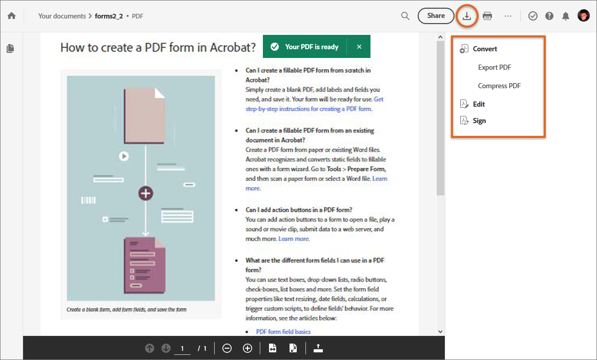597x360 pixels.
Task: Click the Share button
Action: (x=436, y=16)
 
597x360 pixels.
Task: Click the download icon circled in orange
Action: (x=467, y=16)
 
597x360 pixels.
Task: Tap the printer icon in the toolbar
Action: (x=487, y=16)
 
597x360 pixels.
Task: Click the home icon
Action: (x=11, y=16)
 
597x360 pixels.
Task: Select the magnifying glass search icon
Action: (x=405, y=16)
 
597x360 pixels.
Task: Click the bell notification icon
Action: (x=566, y=16)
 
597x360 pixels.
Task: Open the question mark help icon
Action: (x=549, y=16)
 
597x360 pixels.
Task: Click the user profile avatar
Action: (x=583, y=16)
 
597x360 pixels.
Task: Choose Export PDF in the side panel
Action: (x=495, y=67)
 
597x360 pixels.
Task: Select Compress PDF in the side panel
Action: (x=499, y=86)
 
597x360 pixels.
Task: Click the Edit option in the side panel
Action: (x=479, y=104)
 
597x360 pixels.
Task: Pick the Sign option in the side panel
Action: (x=479, y=121)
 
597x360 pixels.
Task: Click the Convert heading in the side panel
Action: (x=485, y=49)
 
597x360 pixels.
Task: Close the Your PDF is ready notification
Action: (x=359, y=47)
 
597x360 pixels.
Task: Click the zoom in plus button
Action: (x=248, y=348)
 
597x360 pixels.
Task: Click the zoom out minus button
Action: (x=227, y=348)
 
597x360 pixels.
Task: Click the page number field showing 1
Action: (x=182, y=349)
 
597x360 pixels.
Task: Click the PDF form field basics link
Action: (x=283, y=332)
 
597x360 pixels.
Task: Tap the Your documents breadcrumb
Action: (x=62, y=16)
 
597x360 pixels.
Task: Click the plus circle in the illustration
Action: (x=146, y=193)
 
